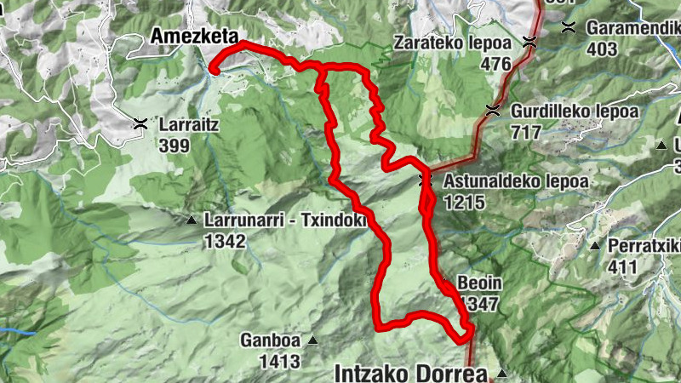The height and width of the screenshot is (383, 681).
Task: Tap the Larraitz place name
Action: [190, 124]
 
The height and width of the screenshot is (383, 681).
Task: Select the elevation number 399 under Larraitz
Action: [175, 144]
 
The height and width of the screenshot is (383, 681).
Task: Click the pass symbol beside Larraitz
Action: [140, 124]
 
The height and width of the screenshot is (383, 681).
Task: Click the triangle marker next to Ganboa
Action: [312, 341]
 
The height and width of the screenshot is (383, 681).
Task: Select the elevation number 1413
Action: [281, 362]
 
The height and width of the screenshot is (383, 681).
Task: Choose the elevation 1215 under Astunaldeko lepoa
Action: [463, 202]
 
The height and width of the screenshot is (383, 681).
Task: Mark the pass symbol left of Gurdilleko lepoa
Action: [492, 109]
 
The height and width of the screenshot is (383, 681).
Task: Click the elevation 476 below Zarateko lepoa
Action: [495, 64]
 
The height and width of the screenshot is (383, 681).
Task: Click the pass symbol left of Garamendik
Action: [569, 27]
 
